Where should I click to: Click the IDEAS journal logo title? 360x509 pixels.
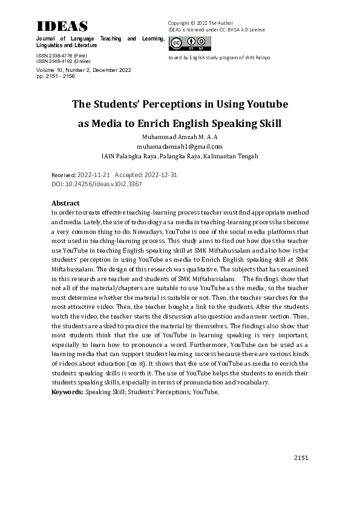pyautogui.click(x=62, y=27)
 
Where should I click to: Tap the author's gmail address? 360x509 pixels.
pyautogui.click(x=180, y=146)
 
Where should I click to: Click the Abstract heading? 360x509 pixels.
pyautogui.click(x=65, y=203)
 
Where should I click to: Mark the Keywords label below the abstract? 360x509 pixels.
pyautogui.click(x=67, y=392)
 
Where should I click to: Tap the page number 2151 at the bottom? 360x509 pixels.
pyautogui.click(x=301, y=458)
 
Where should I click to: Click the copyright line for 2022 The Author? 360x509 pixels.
pyautogui.click(x=200, y=23)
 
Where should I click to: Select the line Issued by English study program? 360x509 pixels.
pyautogui.click(x=219, y=58)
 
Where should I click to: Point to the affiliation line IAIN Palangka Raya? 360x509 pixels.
pyautogui.click(x=180, y=156)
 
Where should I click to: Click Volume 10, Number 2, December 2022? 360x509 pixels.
pyautogui.click(x=84, y=70)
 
